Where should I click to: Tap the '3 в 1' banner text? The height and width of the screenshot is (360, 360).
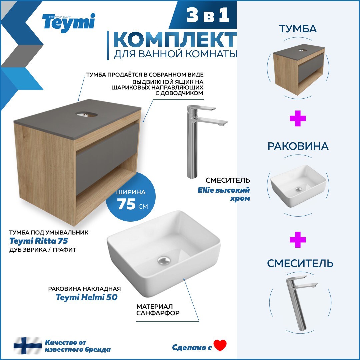coord(208,16)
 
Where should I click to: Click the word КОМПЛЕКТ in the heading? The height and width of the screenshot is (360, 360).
coord(175,40)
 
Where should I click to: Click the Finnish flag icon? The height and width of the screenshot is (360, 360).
coord(27,346)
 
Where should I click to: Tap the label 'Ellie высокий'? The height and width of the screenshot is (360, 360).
coord(227,190)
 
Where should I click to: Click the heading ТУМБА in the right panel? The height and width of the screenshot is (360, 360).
coord(298,29)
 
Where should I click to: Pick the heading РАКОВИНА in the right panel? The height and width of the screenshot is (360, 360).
coord(298,146)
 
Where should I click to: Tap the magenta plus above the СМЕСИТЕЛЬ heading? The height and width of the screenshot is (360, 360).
coord(298,240)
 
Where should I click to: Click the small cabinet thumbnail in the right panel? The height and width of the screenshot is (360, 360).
coord(298,69)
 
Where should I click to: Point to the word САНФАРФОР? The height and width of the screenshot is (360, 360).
coord(158,313)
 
